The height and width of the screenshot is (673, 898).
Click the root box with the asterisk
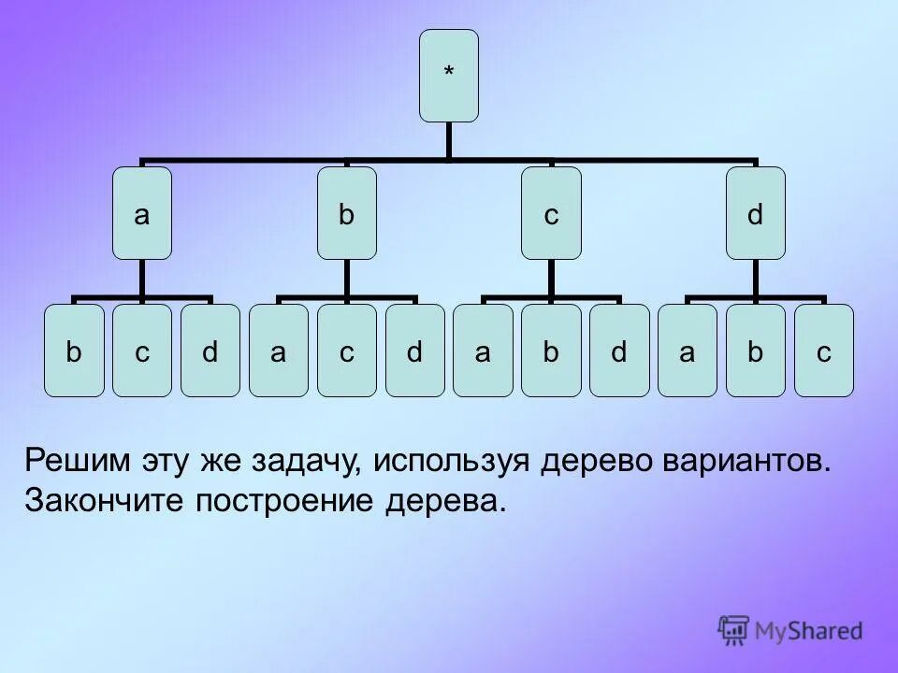448,76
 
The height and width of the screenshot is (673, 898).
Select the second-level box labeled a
142,213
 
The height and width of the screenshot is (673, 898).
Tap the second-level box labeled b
347,213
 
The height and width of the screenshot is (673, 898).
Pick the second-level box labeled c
551,213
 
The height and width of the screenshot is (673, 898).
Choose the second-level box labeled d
756,213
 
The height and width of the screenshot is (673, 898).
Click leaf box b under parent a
74,351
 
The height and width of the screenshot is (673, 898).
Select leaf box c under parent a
142,351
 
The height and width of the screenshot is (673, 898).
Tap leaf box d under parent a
210,351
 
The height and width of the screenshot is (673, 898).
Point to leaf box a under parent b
279,351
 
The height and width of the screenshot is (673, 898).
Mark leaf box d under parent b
415,351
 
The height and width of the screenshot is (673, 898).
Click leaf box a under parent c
483,351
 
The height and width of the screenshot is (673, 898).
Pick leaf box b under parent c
551,351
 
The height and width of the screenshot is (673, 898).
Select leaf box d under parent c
619,351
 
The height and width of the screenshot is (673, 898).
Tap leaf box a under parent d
688,351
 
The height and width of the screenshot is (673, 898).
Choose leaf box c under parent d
824,351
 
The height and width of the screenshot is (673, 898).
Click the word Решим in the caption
77,461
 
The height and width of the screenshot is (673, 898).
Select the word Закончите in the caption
105,502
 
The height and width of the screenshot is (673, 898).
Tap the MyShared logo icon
734,630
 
